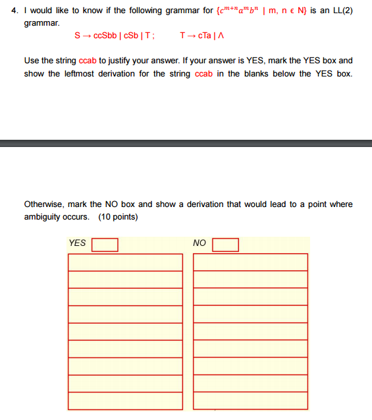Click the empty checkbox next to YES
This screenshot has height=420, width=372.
point(105,245)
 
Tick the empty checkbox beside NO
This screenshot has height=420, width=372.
point(225,245)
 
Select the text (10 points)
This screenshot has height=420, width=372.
point(118,217)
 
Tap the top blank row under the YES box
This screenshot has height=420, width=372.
point(125,262)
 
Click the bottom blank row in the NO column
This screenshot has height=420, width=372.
point(250,400)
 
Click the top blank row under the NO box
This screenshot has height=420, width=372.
point(250,262)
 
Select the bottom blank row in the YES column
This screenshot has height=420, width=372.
point(125,400)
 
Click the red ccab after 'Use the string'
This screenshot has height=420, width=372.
point(88,61)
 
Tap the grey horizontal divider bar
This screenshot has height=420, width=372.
point(186,143)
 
